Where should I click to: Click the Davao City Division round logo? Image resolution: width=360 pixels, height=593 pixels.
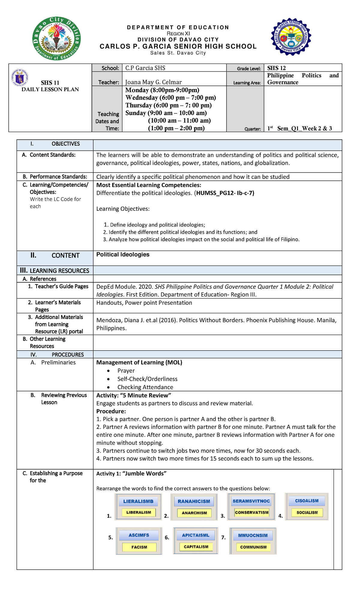(57, 39)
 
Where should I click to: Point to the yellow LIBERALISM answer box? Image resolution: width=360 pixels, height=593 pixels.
(139, 512)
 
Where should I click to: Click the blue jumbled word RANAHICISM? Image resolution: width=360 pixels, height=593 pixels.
(194, 501)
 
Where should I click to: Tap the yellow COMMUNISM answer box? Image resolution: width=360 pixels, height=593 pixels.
(253, 547)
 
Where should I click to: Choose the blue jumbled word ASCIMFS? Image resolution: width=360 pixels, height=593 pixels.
(139, 535)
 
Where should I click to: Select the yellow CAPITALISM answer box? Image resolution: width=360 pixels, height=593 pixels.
(196, 547)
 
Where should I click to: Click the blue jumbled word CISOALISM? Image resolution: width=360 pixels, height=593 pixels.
(307, 501)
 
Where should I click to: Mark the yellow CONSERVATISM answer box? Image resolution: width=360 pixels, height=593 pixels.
(252, 512)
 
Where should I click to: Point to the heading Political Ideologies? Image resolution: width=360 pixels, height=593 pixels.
(123, 254)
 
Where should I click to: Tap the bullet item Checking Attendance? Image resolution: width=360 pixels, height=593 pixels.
(145, 387)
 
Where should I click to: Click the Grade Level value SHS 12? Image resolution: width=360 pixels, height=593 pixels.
(276, 68)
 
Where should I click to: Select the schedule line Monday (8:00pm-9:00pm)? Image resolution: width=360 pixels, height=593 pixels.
(162, 90)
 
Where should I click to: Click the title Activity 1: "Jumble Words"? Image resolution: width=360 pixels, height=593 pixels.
(131, 474)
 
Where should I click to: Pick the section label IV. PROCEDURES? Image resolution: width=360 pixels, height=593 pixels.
(57, 354)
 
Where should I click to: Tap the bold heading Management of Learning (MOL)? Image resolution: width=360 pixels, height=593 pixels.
(139, 362)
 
